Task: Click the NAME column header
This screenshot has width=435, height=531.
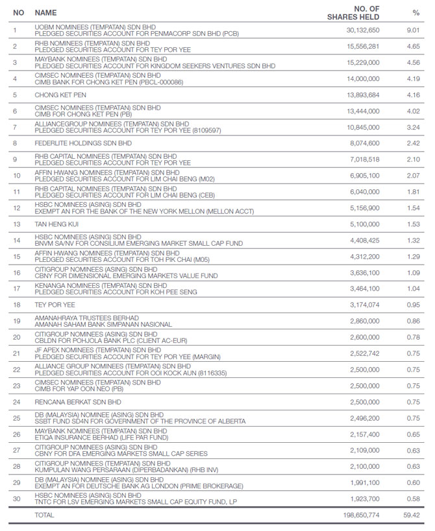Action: pyautogui.click(x=45, y=12)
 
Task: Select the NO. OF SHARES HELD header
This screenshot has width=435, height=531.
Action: pyautogui.click(x=353, y=12)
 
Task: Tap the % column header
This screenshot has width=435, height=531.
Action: pyautogui.click(x=416, y=12)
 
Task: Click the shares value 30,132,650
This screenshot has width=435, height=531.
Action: pyautogui.click(x=363, y=30)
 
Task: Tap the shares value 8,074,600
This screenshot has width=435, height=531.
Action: pyautogui.click(x=365, y=143)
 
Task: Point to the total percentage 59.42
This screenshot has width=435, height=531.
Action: pyautogui.click(x=413, y=515)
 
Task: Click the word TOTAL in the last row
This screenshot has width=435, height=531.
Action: pyautogui.click(x=44, y=515)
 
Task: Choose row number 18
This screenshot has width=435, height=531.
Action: pyautogui.click(x=17, y=305)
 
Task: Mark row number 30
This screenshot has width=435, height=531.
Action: pyautogui.click(x=17, y=499)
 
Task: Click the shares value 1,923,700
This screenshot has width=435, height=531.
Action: pyautogui.click(x=365, y=499)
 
